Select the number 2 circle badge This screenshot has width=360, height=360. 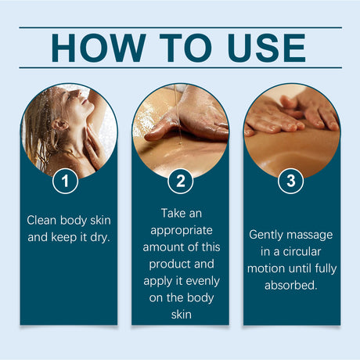(180, 182)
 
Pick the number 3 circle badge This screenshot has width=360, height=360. (291, 182)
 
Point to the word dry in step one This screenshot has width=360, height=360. (100, 236)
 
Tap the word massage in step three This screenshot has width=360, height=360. (311, 234)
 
